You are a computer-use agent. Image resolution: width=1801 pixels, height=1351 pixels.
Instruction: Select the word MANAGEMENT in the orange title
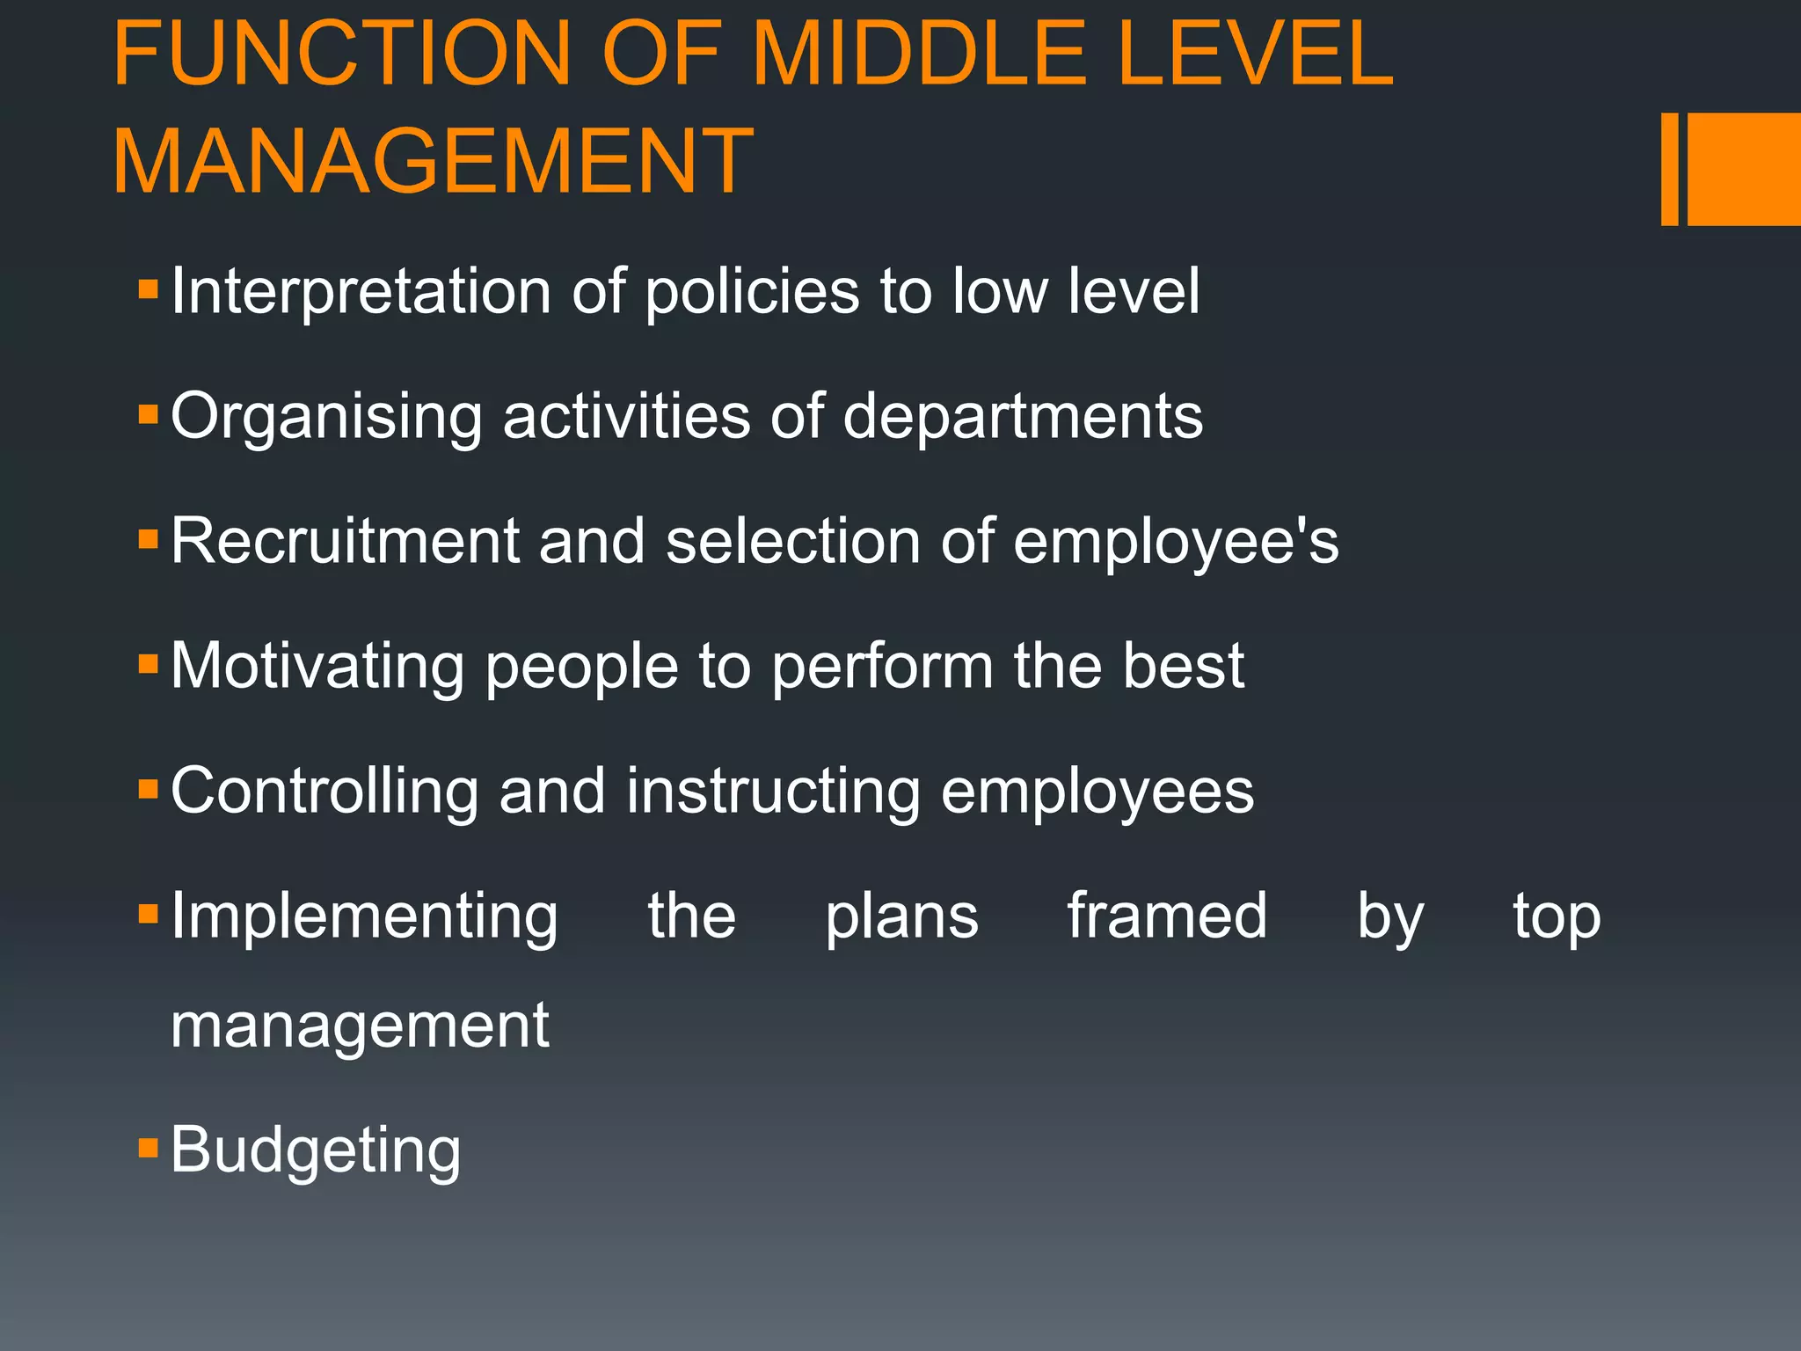pos(433,162)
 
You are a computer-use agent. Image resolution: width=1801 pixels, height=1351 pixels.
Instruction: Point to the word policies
pos(752,292)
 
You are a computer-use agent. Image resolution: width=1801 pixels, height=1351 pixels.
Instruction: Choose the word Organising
pos(326,417)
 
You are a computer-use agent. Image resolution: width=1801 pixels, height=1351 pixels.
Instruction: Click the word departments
pos(1023,417)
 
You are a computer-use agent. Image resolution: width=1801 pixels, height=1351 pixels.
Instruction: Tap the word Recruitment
pos(345,541)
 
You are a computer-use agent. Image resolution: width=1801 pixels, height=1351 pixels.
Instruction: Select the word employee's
pos(1176,541)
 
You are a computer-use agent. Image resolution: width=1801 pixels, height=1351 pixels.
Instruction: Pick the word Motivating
pos(317,667)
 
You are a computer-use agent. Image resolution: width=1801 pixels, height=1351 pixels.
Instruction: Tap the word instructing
pos(773,792)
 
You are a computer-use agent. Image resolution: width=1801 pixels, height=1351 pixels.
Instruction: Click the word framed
pos(1167,916)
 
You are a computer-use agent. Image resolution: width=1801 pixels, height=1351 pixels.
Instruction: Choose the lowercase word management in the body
pos(360,1026)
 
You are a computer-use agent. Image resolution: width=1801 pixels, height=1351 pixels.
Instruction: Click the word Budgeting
pos(315,1150)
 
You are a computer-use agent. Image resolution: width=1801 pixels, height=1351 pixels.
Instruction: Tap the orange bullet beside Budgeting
pos(148,1147)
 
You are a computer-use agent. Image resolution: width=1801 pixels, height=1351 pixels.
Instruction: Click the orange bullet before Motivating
pos(148,663)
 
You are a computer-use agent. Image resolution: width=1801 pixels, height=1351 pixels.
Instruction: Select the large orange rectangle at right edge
pos(1743,169)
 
